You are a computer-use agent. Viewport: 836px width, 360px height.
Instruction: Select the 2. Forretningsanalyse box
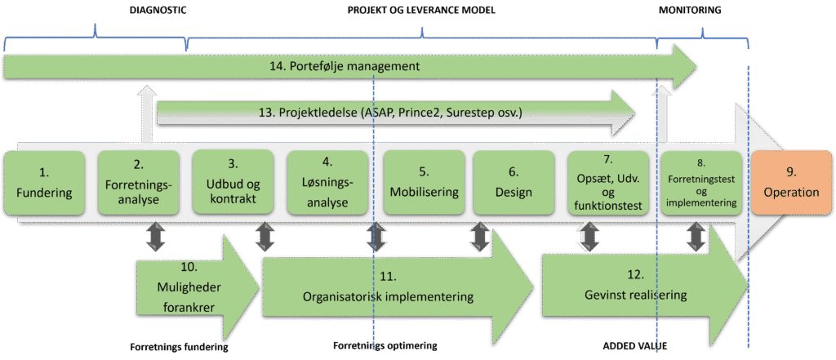pos(138,184)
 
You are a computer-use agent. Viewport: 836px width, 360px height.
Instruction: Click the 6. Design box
pos(514,184)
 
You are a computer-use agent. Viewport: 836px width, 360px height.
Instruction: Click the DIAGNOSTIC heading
pos(158,11)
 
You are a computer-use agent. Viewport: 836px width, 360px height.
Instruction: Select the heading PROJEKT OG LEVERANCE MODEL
pos(421,11)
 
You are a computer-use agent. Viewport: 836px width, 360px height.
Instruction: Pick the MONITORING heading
pos(691,11)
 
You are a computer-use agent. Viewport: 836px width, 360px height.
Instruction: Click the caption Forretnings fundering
pos(178,346)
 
